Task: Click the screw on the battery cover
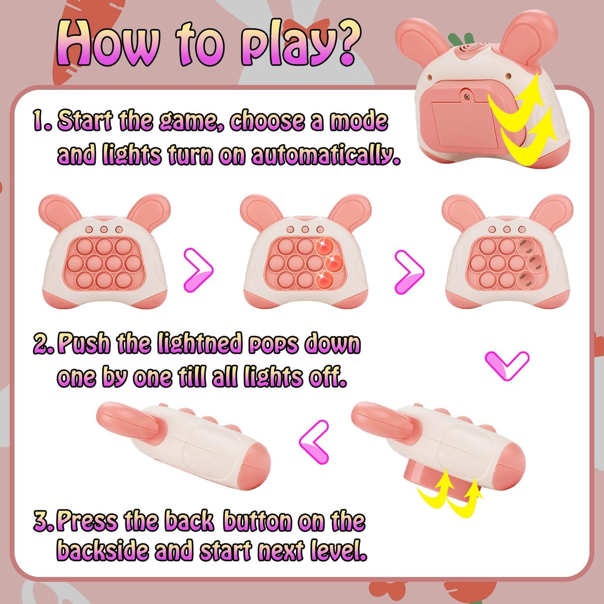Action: [467, 97]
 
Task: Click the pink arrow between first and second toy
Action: [199, 270]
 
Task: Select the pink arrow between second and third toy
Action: [410, 271]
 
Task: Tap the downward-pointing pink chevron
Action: [507, 365]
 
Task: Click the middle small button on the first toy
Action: [104, 229]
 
